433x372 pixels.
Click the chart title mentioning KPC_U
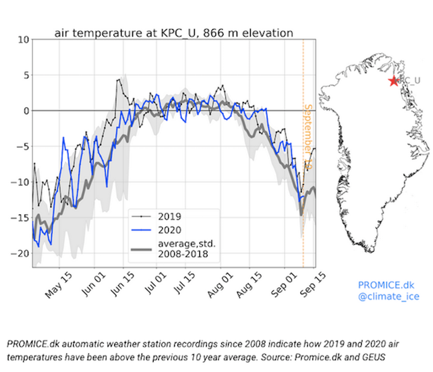point(173,33)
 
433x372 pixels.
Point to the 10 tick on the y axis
point(23,40)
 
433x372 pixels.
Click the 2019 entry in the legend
point(170,216)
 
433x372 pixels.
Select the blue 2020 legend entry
point(170,230)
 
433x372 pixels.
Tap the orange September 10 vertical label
point(308,137)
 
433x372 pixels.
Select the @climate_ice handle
point(388,296)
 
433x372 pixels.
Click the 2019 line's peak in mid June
point(118,80)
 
